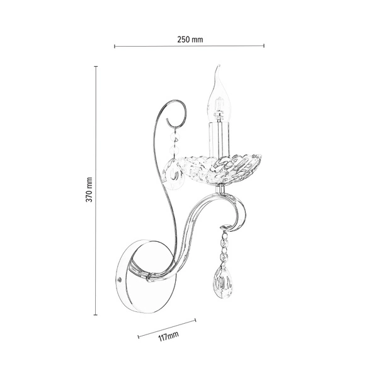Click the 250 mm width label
pyautogui.click(x=189, y=39)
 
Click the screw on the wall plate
pyautogui.click(x=121, y=278)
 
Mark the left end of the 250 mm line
pyautogui.click(x=114, y=45)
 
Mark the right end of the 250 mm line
pyautogui.click(x=264, y=45)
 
